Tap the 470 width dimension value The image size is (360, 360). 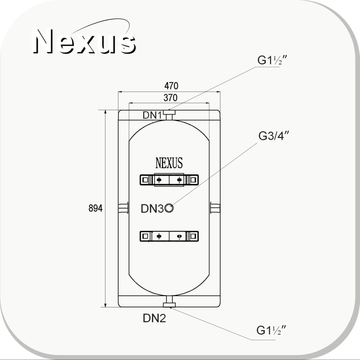pyautogui.click(x=171, y=86)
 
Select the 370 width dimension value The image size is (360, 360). pyautogui.click(x=170, y=98)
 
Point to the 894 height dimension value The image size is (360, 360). pyautogui.click(x=95, y=208)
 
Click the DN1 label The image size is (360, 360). pyautogui.click(x=152, y=115)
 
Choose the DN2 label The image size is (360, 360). pyautogui.click(x=154, y=318)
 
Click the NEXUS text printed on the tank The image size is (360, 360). pyautogui.click(x=169, y=163)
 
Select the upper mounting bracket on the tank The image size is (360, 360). pyautogui.click(x=169, y=180)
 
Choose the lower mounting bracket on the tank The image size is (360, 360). pyautogui.click(x=169, y=236)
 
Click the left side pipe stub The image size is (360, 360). pyautogui.click(x=123, y=208)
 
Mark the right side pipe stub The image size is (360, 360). pyautogui.click(x=215, y=208)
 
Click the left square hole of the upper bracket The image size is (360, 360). pyautogui.click(x=145, y=180)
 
